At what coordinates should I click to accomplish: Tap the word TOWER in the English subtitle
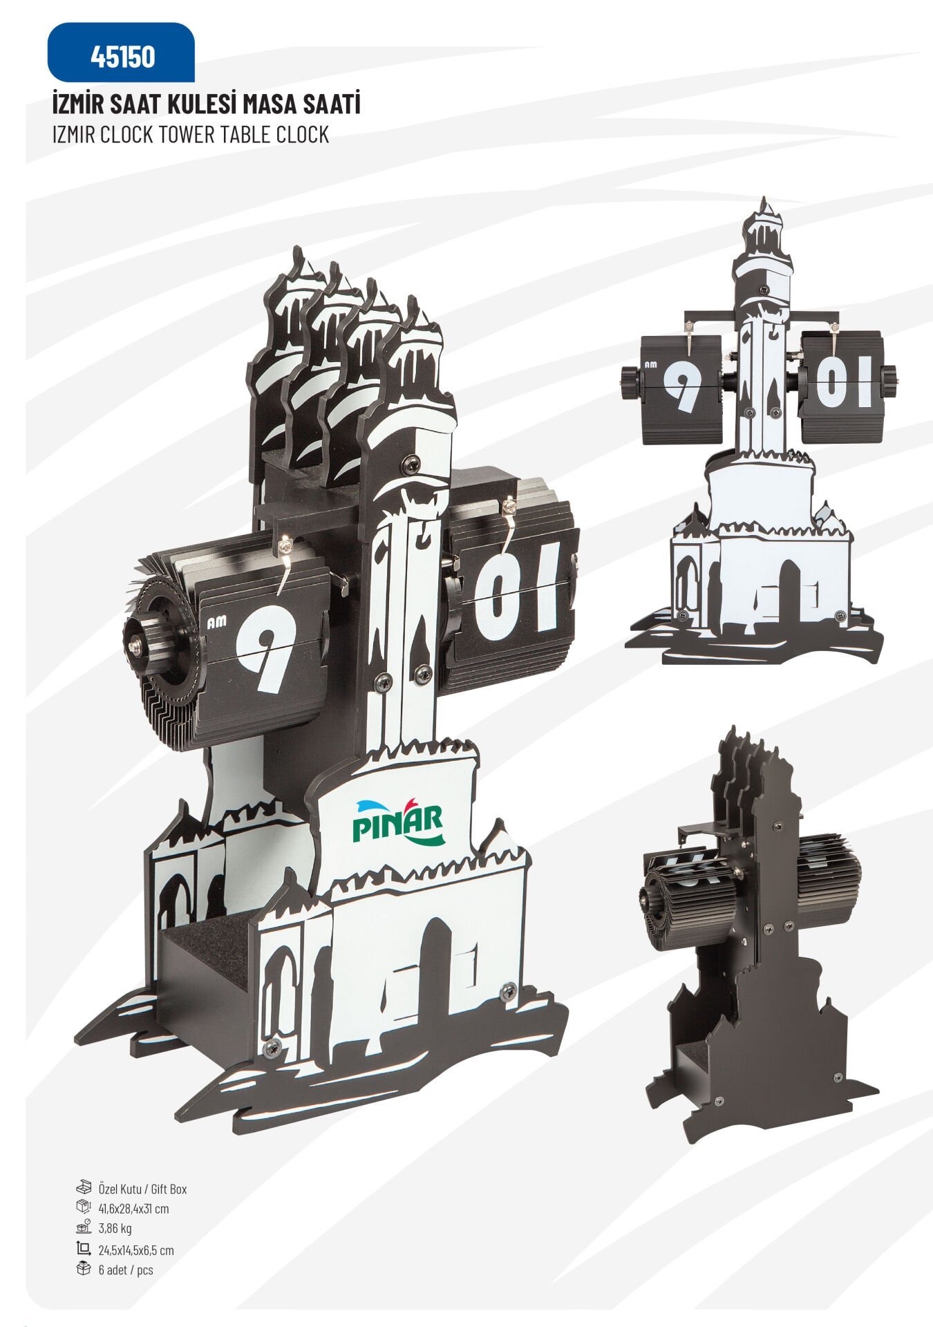(187, 134)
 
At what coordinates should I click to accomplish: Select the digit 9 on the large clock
(263, 648)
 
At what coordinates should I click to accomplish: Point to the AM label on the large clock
(216, 623)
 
